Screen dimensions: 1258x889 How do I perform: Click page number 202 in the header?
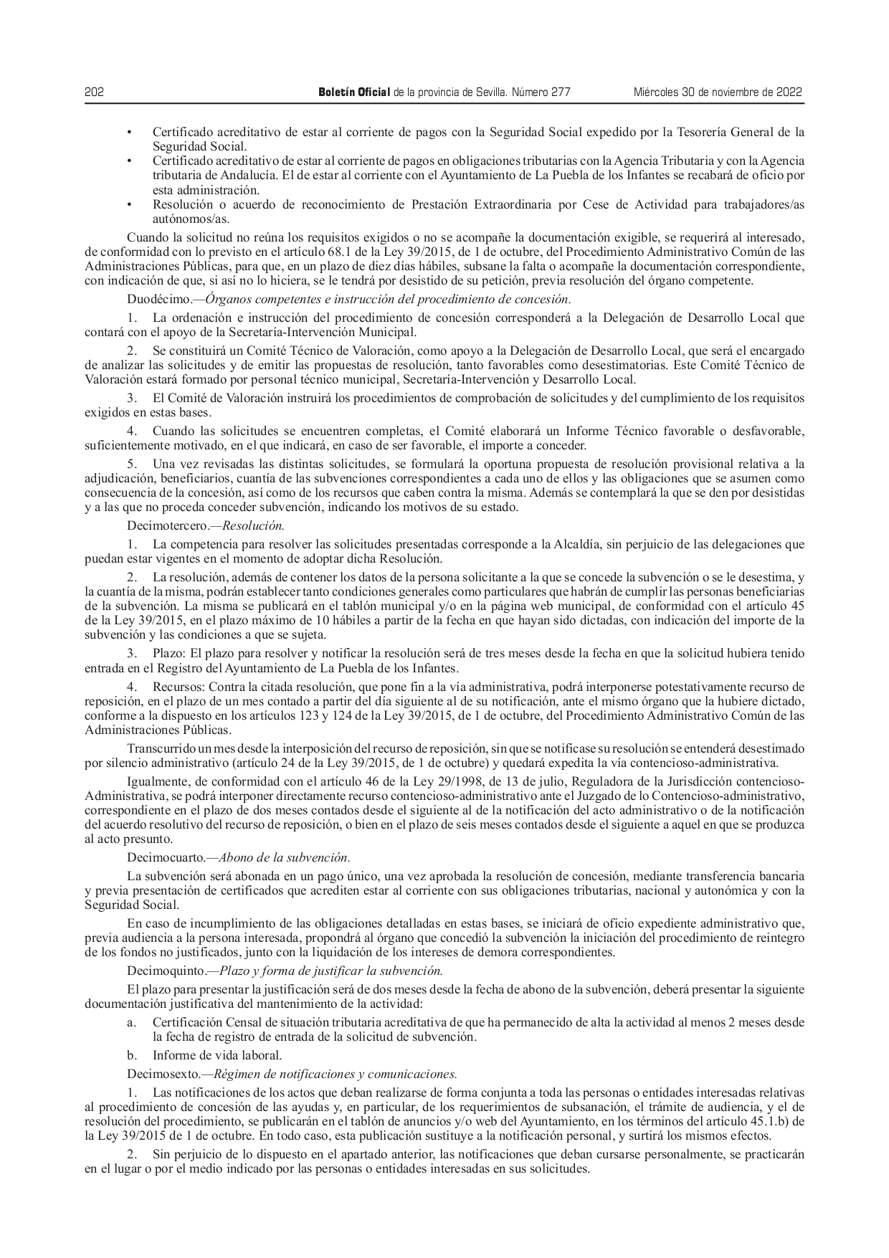pos(95,92)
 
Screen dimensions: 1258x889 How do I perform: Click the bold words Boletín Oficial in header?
pos(354,92)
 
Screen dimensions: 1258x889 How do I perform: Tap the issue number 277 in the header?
pos(561,92)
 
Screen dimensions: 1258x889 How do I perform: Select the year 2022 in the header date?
pos(789,92)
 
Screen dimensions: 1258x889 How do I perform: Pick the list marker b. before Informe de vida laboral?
pos(132,1055)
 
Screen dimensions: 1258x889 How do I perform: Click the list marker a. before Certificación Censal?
pos(132,1022)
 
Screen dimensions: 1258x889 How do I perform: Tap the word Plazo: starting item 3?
pos(169,653)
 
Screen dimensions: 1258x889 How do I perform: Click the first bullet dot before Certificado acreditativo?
pos(129,132)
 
